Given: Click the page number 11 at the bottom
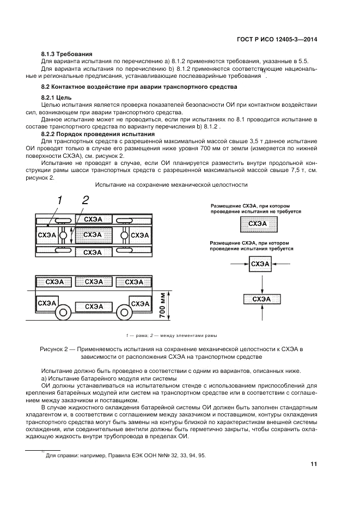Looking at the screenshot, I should pyautogui.click(x=314, y=464).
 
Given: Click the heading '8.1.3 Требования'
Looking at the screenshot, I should pyautogui.click(x=67, y=54).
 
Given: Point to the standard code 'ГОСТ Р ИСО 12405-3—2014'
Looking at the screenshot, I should pyautogui.click(x=278, y=39).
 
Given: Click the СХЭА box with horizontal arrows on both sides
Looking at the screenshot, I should pyautogui.click(x=261, y=264).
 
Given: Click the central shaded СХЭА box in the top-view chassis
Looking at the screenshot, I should pyautogui.click(x=94, y=235).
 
